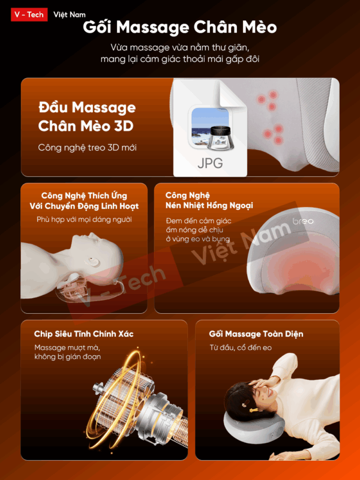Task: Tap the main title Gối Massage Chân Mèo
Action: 179,29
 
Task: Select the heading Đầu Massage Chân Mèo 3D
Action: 87,117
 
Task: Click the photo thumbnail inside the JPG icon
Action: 210,129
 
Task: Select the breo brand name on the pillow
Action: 303,221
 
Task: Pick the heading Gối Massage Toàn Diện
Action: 256,334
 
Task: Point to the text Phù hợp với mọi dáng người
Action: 84,220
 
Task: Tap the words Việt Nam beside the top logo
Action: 69,14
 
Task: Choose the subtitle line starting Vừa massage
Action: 179,47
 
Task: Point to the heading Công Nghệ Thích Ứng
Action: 84,196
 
